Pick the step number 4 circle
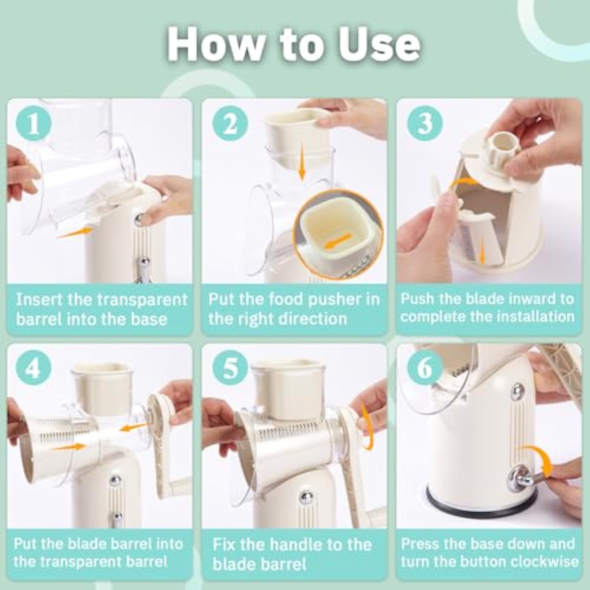coord(34,369)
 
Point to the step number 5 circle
coord(230,369)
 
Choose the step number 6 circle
coord(425,369)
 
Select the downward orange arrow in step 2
coord(302,168)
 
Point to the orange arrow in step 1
coord(75,233)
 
